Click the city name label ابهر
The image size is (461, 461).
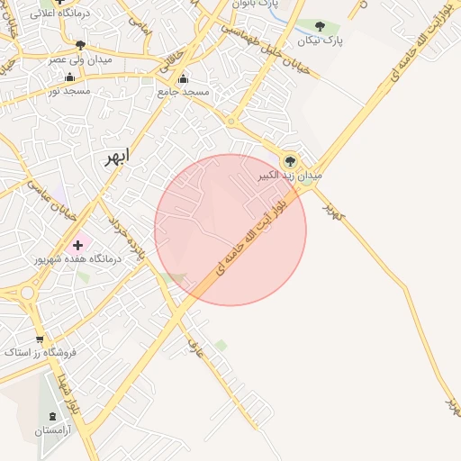(x=116, y=157)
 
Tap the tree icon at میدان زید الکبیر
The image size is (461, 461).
(x=290, y=161)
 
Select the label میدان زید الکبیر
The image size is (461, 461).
(x=287, y=176)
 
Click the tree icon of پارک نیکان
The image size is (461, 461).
(x=320, y=27)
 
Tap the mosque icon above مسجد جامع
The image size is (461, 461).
(x=184, y=78)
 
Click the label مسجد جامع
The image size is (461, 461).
(x=183, y=92)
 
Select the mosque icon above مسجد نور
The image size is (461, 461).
(x=69, y=77)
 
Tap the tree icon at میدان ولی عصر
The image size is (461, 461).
(x=80, y=45)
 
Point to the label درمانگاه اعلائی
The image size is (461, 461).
(x=58, y=14)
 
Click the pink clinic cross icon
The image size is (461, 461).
(x=77, y=244)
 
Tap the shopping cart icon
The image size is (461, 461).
(x=39, y=339)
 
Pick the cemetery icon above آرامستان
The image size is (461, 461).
(x=51, y=417)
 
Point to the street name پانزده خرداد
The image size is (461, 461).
(x=127, y=239)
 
